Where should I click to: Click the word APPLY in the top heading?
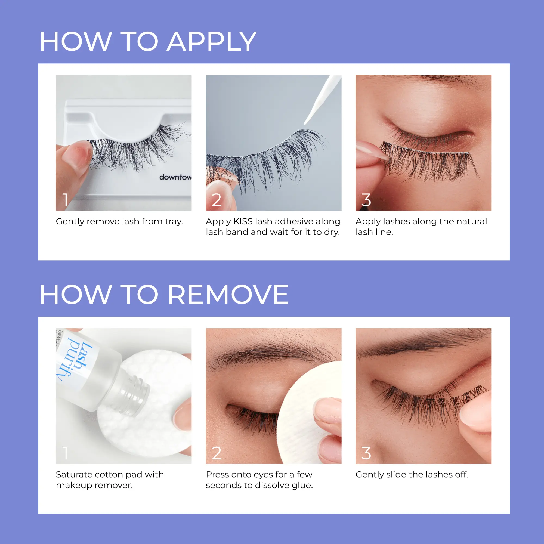(x=211, y=42)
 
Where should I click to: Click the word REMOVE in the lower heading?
(x=228, y=295)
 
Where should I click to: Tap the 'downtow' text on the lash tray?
(x=175, y=177)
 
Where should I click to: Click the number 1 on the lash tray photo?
(x=65, y=200)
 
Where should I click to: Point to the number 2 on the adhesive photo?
(x=216, y=200)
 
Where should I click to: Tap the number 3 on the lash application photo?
(x=366, y=200)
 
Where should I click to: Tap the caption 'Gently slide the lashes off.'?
(x=412, y=475)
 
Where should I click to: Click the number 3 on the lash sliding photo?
(x=366, y=453)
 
